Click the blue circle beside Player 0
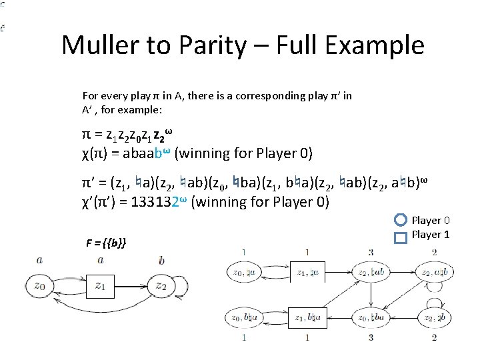coord(400,220)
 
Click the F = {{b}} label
coord(106,241)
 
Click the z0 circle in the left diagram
coord(41,286)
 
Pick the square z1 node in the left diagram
coord(100,286)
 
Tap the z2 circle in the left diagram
coord(161,286)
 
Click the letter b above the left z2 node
coord(161,261)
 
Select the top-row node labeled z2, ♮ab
coord(370,272)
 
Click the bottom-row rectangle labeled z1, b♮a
coord(307,317)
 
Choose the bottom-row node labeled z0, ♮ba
coord(370,317)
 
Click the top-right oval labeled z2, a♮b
coord(434,272)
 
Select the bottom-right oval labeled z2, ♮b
coord(434,317)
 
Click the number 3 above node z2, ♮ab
coord(371,252)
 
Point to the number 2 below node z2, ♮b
coord(434,337)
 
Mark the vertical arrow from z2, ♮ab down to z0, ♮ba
coord(370,294)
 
